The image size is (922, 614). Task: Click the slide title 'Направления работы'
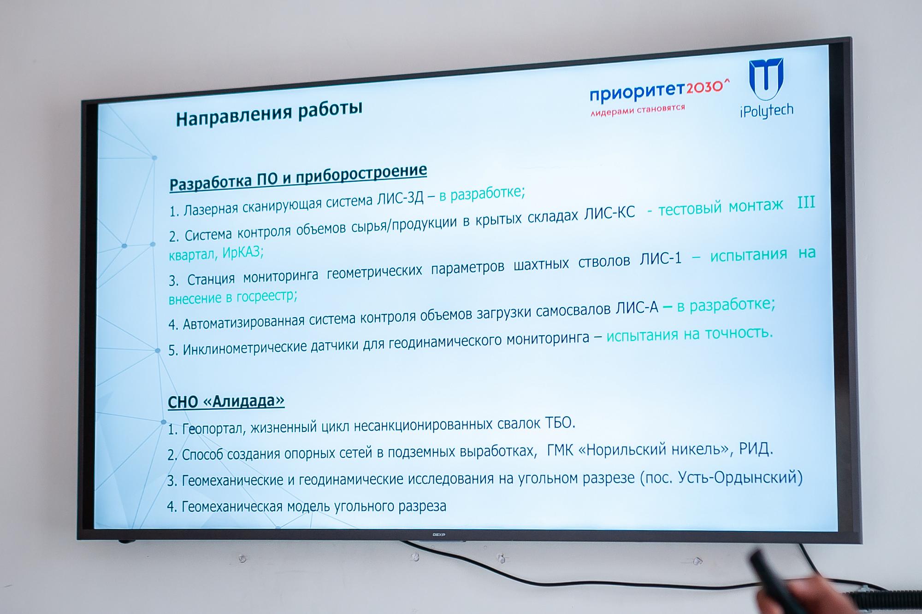pos(269,113)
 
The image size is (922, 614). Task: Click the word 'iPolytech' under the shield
pos(767,111)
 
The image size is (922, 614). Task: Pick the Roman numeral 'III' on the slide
pos(806,203)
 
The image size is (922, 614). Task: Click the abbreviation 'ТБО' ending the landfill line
pos(559,422)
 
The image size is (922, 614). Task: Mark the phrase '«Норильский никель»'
pos(653,449)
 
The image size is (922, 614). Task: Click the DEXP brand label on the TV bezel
pos(439,534)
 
